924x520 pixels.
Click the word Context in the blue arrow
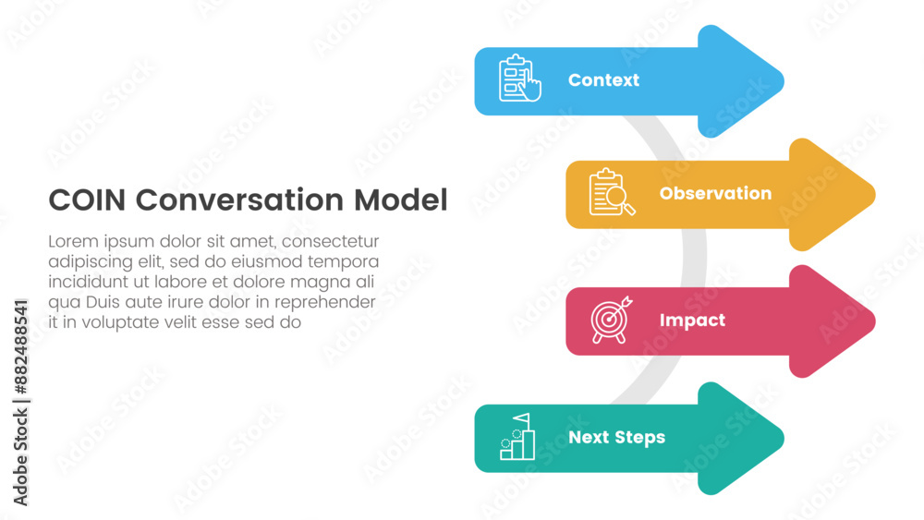coord(603,80)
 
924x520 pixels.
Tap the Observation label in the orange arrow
coord(715,193)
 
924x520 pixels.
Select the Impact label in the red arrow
coord(692,320)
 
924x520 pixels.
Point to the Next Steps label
coord(616,438)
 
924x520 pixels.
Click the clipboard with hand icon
coord(519,79)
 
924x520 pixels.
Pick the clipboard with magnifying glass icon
coord(612,192)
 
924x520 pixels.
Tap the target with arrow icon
coord(611,320)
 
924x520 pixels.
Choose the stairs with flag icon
coord(517,436)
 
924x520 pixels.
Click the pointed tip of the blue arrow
coord(784,81)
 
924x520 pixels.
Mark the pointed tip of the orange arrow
coord(874,194)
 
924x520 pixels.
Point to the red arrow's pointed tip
coord(874,321)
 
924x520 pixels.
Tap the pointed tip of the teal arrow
coord(784,439)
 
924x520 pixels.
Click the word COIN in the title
coord(87,200)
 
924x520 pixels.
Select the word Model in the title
coord(401,200)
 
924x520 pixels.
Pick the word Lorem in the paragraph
coord(73,241)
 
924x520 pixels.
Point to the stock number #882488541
coord(20,347)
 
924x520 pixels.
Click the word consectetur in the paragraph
coord(330,241)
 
